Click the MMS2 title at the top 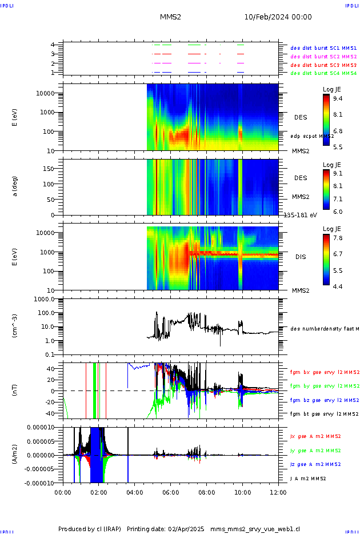[170, 17]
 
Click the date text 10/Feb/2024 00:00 [278, 17]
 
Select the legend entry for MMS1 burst [323, 48]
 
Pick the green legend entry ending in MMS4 [323, 73]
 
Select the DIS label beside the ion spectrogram [301, 257]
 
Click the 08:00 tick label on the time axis [206, 491]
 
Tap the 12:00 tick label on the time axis [278, 491]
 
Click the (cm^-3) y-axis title [15, 326]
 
